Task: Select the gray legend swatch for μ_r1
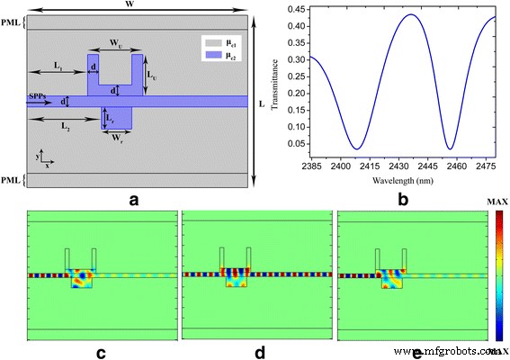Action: tap(208, 43)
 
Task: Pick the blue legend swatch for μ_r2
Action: tap(208, 56)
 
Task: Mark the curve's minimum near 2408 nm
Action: tap(357, 148)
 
